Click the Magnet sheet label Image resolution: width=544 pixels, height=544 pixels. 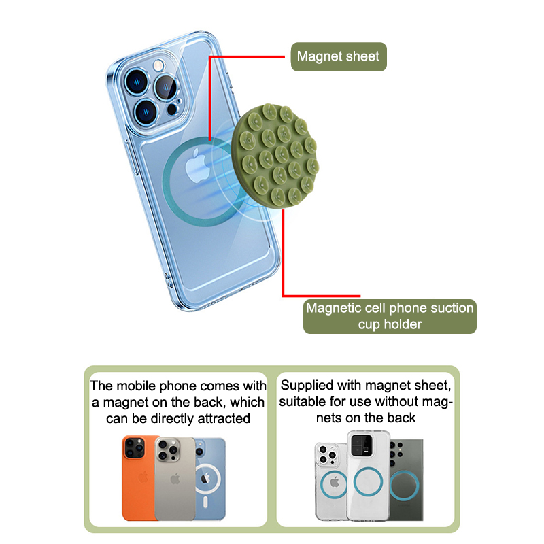[338, 57]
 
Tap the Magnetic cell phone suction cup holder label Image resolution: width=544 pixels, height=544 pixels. [390, 316]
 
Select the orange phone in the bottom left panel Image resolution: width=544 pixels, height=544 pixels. [138, 476]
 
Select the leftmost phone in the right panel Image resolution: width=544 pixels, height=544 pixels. [332, 481]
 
